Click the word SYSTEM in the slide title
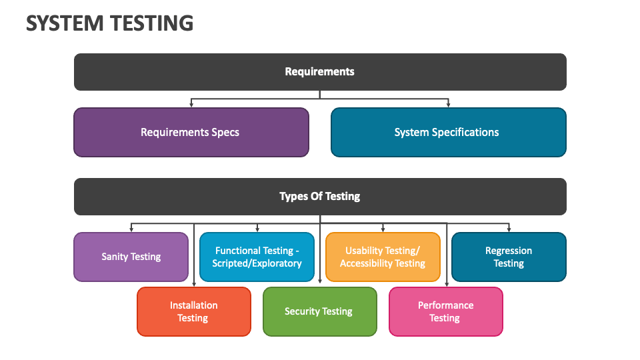coord(65,23)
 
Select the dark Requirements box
coord(320,72)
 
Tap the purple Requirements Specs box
coord(191,132)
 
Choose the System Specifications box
coord(449,132)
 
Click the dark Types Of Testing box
coord(320,196)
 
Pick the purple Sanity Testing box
coord(131,257)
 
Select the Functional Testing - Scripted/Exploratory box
coord(257,257)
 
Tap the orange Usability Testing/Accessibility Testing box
coord(383,257)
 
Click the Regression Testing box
coord(509,257)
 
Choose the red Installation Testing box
coord(194,311)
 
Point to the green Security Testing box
coord(320,311)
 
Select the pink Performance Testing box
coord(446,311)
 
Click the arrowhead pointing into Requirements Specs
coord(191,105)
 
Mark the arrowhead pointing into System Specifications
coord(448,105)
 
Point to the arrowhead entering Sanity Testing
coord(131,229)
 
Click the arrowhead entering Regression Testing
coord(509,229)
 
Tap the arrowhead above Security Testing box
coord(320,281)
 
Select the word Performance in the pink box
coord(446,305)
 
